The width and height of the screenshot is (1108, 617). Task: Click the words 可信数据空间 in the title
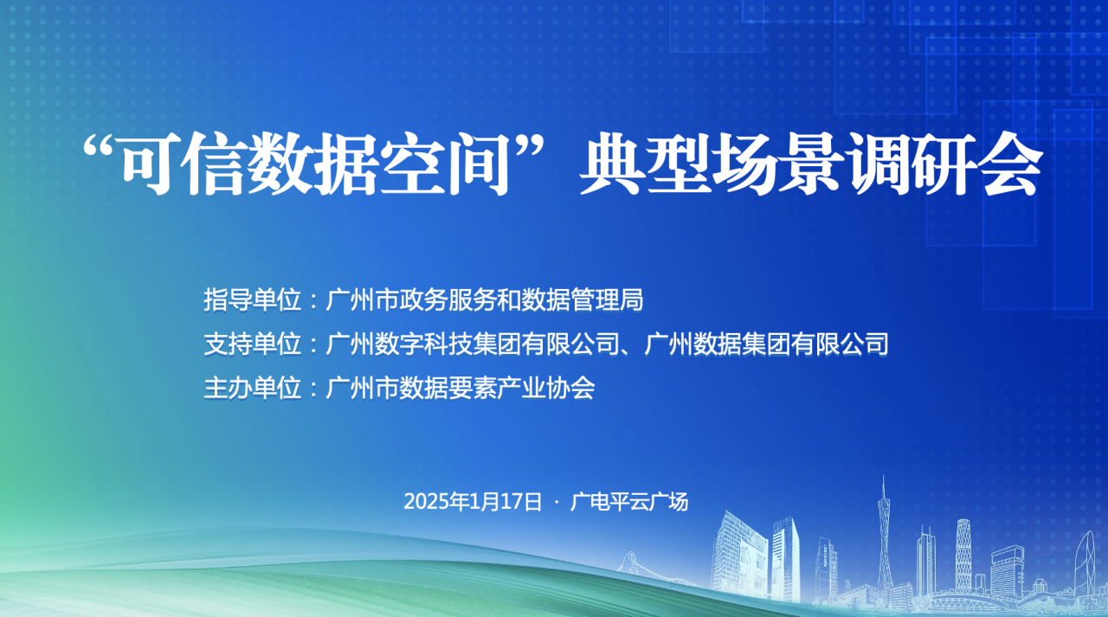(317, 164)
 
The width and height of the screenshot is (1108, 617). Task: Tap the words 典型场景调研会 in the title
(811, 164)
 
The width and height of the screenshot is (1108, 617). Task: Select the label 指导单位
(252, 299)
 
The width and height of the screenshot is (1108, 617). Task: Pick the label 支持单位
(252, 344)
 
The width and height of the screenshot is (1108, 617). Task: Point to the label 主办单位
(252, 388)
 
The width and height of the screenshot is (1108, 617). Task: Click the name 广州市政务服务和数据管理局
(484, 299)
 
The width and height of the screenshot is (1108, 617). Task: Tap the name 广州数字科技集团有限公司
(473, 344)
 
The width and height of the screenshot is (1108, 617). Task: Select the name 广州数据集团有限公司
(766, 344)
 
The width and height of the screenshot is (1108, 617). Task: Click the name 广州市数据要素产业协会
(460, 388)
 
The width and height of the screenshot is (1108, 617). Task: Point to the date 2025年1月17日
(473, 501)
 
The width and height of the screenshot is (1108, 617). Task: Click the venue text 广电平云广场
(629, 501)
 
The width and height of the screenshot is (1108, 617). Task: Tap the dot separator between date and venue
(557, 502)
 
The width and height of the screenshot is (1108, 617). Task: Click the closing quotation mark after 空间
(531, 147)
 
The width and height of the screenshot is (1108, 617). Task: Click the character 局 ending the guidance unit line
(631, 299)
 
